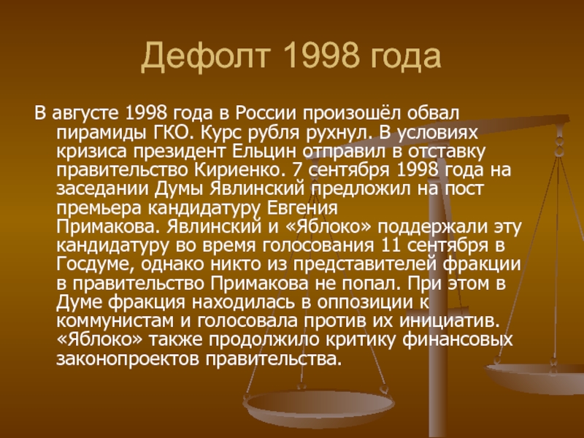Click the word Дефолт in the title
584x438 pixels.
205,56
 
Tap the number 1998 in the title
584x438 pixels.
322,55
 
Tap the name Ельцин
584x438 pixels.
264,151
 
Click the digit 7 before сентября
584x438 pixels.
296,170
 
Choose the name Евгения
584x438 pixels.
302,208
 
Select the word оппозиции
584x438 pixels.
366,302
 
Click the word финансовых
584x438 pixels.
458,339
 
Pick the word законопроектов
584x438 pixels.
128,359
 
